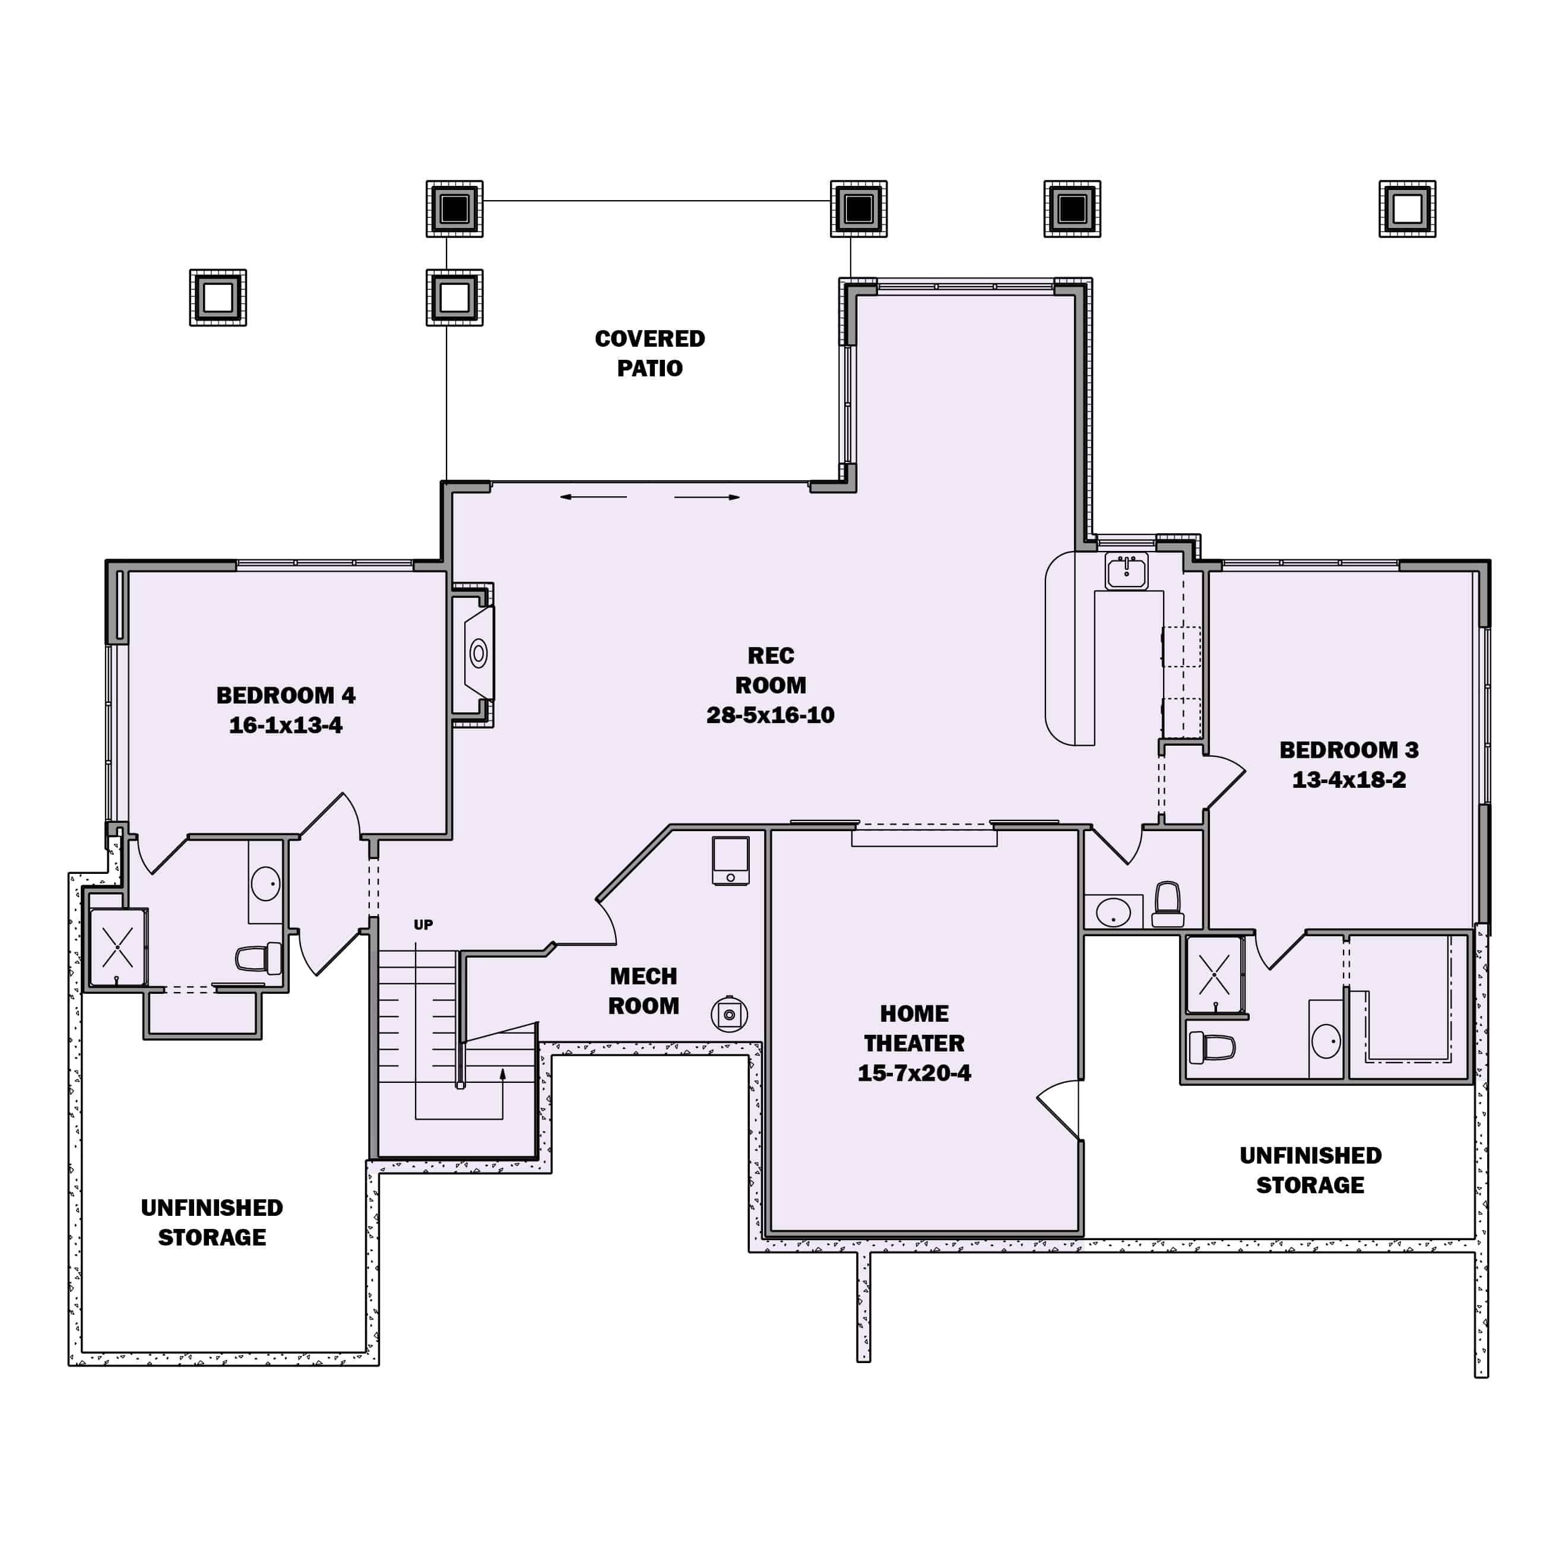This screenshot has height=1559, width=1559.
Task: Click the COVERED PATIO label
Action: point(649,353)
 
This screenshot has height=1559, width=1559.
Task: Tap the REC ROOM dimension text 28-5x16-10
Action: point(770,715)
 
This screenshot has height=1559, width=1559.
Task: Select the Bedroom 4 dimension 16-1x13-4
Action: point(286,725)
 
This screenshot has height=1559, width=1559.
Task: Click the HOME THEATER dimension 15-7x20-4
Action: point(914,1072)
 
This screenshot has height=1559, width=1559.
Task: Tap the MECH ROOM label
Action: point(643,991)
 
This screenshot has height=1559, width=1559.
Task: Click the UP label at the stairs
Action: point(423,925)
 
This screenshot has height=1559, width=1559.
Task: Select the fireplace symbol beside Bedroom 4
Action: point(479,653)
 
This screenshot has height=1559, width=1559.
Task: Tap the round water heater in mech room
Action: point(728,1015)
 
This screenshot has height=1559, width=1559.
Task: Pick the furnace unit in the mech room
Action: point(730,860)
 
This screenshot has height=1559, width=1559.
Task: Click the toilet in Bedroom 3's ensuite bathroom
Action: point(1212,1047)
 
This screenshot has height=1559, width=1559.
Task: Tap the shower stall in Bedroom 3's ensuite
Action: point(1213,974)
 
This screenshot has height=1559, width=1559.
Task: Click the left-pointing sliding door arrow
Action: point(593,497)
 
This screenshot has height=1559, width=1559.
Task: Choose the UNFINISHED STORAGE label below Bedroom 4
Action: point(211,1222)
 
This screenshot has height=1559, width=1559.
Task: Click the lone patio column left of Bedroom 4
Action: point(218,298)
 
